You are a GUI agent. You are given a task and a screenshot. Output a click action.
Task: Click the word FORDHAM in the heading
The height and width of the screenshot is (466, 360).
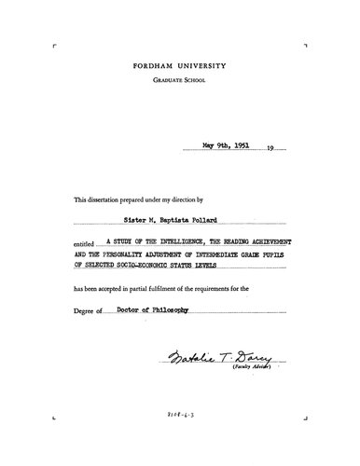coord(159,68)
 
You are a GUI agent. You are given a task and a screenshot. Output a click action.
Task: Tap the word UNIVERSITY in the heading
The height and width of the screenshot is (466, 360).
coord(205,68)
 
